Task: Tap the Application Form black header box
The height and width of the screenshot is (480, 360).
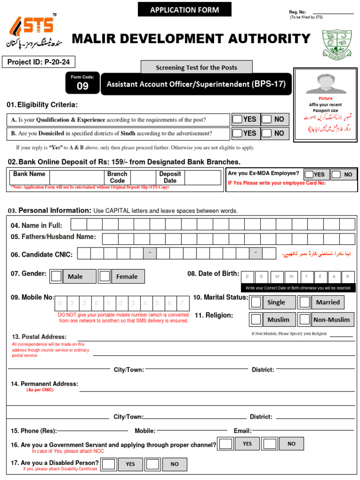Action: [185, 9]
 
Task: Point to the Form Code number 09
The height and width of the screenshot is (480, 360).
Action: [82, 86]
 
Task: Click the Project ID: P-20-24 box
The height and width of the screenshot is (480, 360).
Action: [39, 62]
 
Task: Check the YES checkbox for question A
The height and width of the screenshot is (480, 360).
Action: [238, 119]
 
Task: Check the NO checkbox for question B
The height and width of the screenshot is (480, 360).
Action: [267, 133]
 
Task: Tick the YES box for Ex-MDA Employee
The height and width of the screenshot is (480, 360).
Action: [309, 174]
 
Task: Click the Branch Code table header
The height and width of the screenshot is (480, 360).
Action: [117, 177]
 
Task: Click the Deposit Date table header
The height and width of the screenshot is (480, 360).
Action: [170, 177]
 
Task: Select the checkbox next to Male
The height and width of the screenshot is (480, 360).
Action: [56, 276]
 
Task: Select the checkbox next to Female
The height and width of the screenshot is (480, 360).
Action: [105, 276]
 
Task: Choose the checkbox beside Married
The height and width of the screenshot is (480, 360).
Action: [305, 302]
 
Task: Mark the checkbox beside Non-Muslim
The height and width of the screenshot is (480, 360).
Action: [305, 319]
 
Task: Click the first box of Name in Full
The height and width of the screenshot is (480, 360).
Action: [78, 225]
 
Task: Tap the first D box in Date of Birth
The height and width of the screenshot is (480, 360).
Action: [247, 276]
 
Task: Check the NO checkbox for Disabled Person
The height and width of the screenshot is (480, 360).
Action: [152, 464]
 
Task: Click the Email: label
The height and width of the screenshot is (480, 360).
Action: [242, 431]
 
